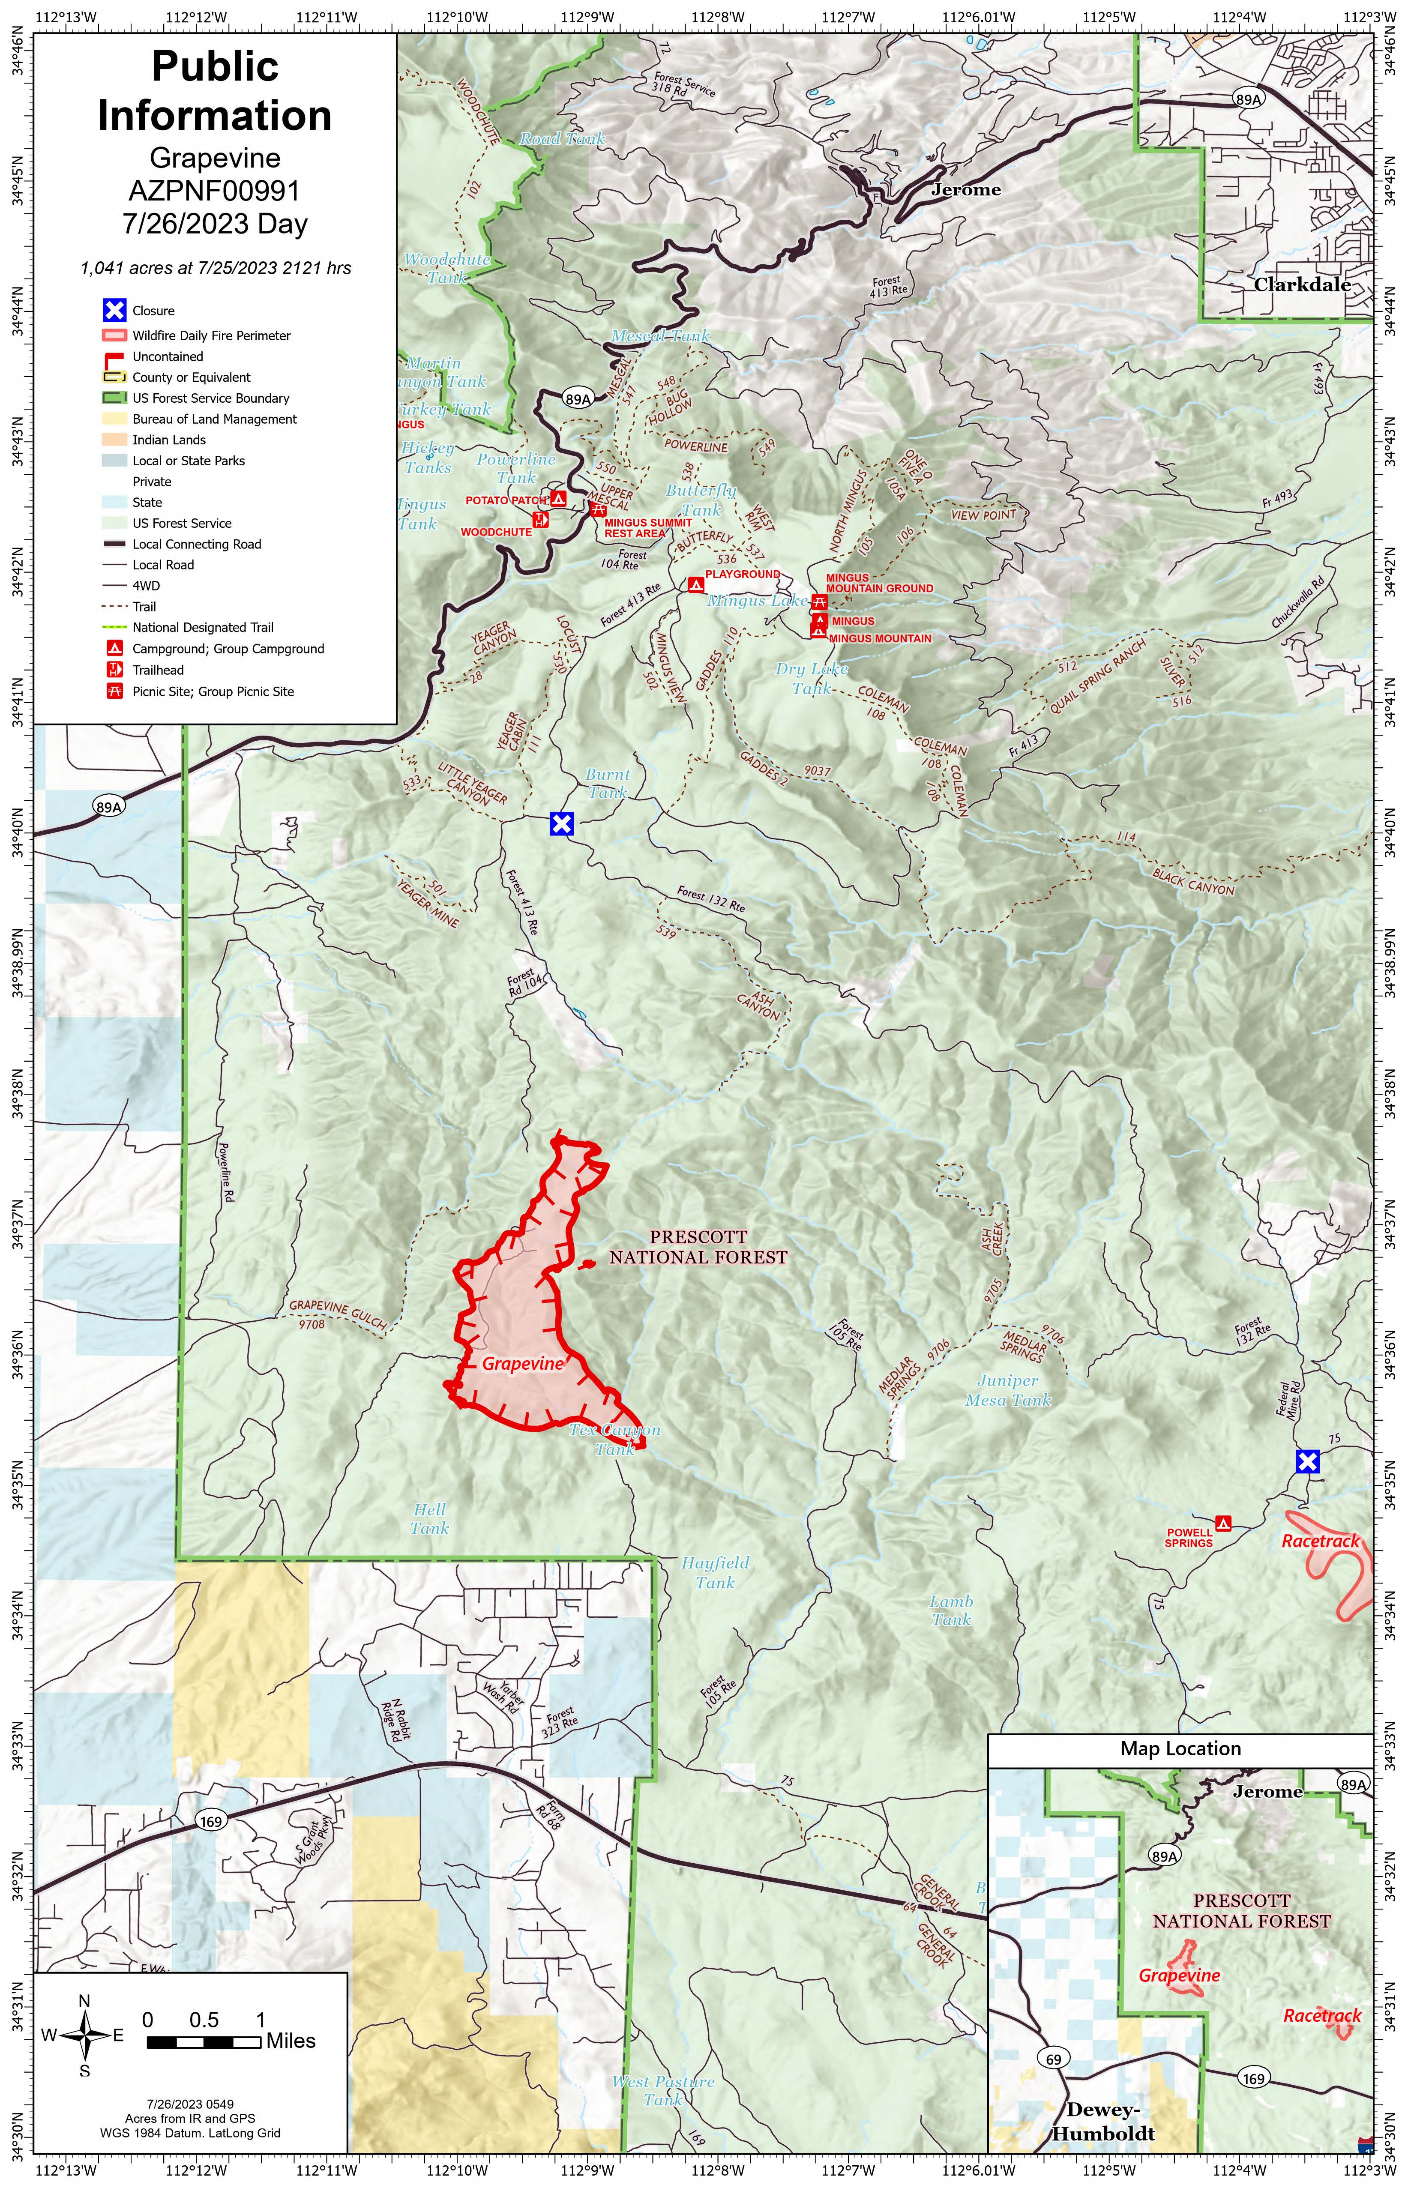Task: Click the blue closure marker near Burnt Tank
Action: point(561,823)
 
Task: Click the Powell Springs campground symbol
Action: point(1223,1523)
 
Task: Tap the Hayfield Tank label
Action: point(715,1573)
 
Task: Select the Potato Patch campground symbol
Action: point(558,499)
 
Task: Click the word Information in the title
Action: point(215,116)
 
